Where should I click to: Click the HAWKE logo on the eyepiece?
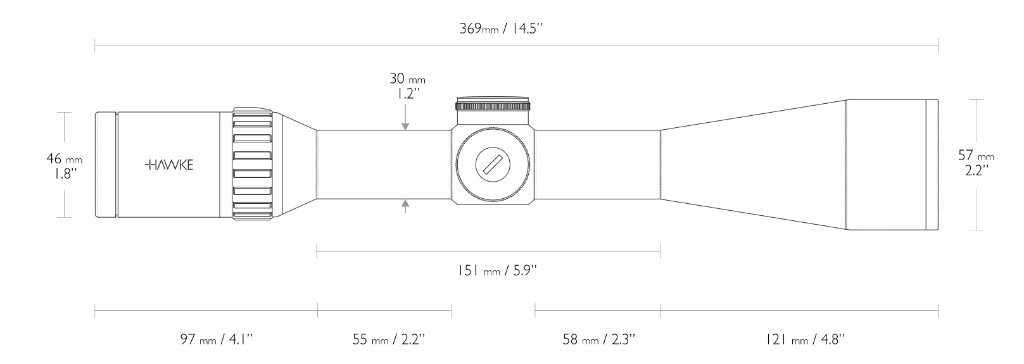click(x=170, y=165)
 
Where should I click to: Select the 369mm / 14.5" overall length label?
click(x=502, y=29)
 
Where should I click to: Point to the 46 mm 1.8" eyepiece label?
click(x=65, y=166)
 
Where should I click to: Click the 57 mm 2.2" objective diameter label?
click(x=976, y=163)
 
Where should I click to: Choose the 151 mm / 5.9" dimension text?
click(x=497, y=271)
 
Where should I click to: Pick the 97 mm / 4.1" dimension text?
click(x=217, y=340)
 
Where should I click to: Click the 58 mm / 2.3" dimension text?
click(x=598, y=340)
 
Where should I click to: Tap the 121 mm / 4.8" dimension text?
click(x=805, y=340)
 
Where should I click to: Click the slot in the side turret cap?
click(x=493, y=165)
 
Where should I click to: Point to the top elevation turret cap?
click(x=493, y=104)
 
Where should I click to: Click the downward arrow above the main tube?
click(x=405, y=125)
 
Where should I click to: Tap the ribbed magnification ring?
click(x=252, y=165)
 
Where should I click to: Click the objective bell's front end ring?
click(x=932, y=165)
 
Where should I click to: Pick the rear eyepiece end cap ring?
click(x=105, y=165)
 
